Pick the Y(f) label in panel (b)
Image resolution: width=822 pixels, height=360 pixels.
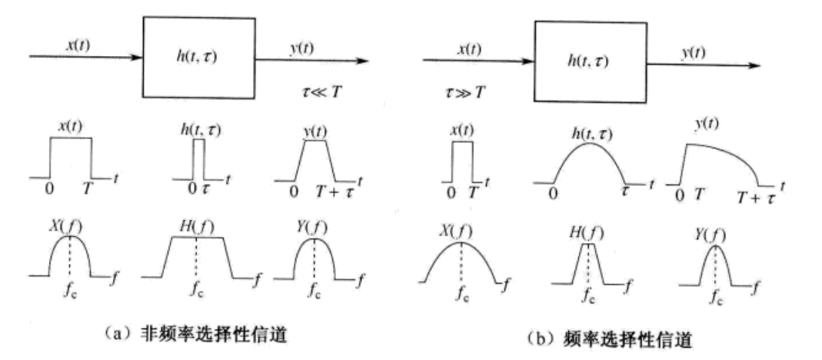pyautogui.click(x=716, y=235)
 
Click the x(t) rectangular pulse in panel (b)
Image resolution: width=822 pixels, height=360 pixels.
pyautogui.click(x=461, y=162)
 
